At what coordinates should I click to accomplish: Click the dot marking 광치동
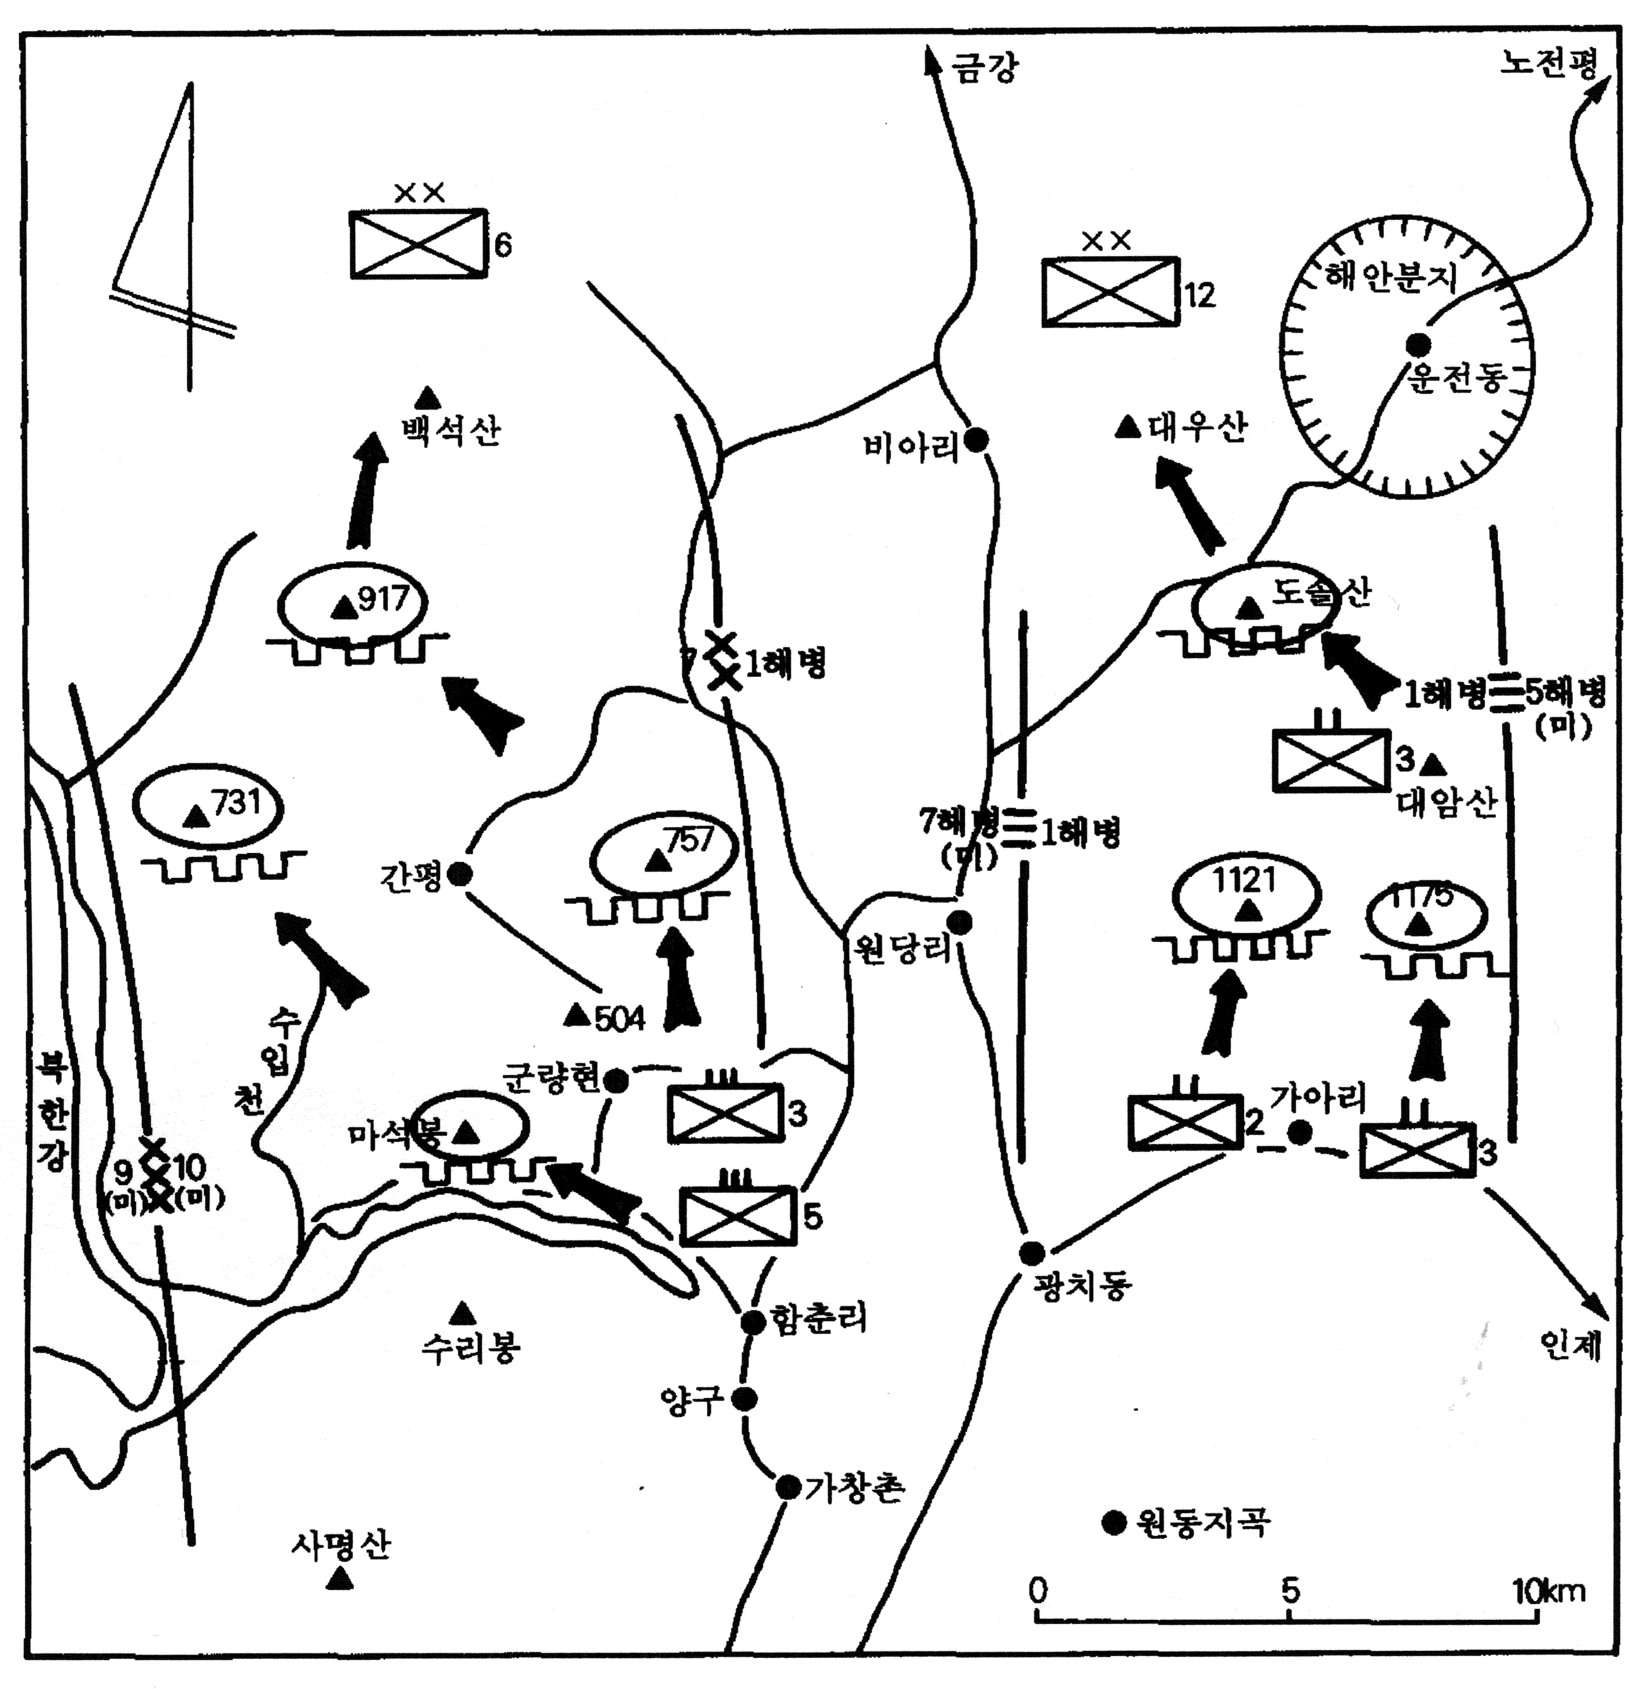point(1032,1253)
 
